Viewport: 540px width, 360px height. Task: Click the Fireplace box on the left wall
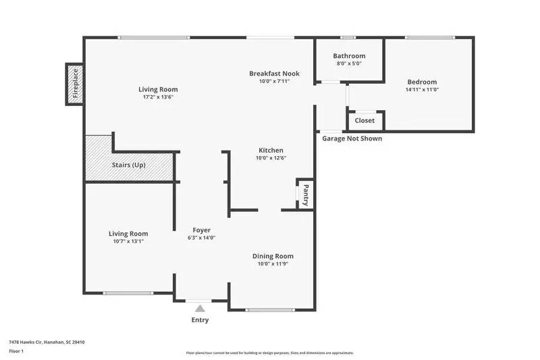[75, 84]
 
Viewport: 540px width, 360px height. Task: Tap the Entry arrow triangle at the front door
[200, 308]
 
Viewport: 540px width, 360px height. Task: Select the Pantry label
[306, 195]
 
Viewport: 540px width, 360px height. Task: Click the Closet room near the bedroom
[364, 121]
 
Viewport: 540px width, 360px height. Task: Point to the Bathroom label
[349, 56]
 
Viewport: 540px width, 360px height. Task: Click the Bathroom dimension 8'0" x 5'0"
[349, 64]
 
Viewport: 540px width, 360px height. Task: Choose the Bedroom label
[422, 82]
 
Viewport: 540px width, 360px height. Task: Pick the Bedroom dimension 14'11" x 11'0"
[422, 90]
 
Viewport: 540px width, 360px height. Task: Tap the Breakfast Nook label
[274, 74]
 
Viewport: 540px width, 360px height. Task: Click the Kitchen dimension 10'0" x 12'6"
[271, 158]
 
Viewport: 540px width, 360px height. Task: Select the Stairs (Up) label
[128, 165]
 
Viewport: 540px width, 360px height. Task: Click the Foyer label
[202, 230]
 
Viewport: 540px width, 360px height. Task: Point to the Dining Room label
[273, 256]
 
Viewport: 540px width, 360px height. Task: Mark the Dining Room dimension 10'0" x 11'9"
[273, 264]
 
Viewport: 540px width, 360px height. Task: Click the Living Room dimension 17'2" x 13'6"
[158, 97]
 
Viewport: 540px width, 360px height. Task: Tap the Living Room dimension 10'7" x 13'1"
[128, 241]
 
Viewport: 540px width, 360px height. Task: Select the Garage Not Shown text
[352, 138]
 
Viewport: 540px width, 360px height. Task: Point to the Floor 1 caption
[16, 352]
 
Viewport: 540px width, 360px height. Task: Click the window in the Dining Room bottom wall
[270, 310]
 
